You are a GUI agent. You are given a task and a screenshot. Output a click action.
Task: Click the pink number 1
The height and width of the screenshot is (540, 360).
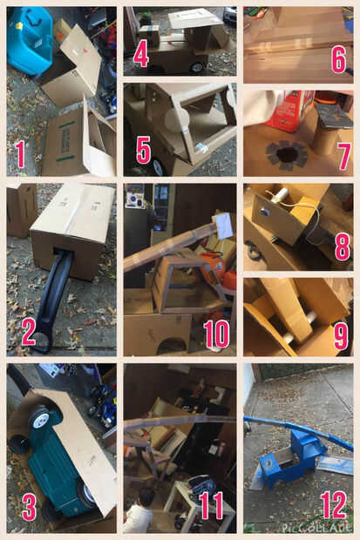[x=20, y=155]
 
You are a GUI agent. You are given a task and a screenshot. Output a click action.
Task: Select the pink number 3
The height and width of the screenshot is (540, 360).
[x=30, y=507]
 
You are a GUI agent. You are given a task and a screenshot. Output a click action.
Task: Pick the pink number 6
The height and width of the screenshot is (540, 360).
[x=338, y=59]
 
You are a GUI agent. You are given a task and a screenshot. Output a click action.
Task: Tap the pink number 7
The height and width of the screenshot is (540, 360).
[x=343, y=157]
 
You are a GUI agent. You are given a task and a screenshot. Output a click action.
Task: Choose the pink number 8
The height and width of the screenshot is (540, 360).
[x=343, y=246]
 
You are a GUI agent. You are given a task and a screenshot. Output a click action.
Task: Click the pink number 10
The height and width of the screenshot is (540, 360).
[x=216, y=334]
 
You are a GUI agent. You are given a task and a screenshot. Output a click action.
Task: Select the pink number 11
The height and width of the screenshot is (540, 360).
[x=211, y=505]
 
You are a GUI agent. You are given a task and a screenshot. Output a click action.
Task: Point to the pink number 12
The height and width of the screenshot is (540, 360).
[x=334, y=505]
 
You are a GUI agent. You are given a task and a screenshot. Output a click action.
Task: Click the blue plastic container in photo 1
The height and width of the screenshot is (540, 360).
[x=30, y=39]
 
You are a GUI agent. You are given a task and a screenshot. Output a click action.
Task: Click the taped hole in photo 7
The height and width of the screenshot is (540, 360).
[x=287, y=156]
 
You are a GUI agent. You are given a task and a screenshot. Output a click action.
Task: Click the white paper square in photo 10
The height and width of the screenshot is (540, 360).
[x=224, y=226]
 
